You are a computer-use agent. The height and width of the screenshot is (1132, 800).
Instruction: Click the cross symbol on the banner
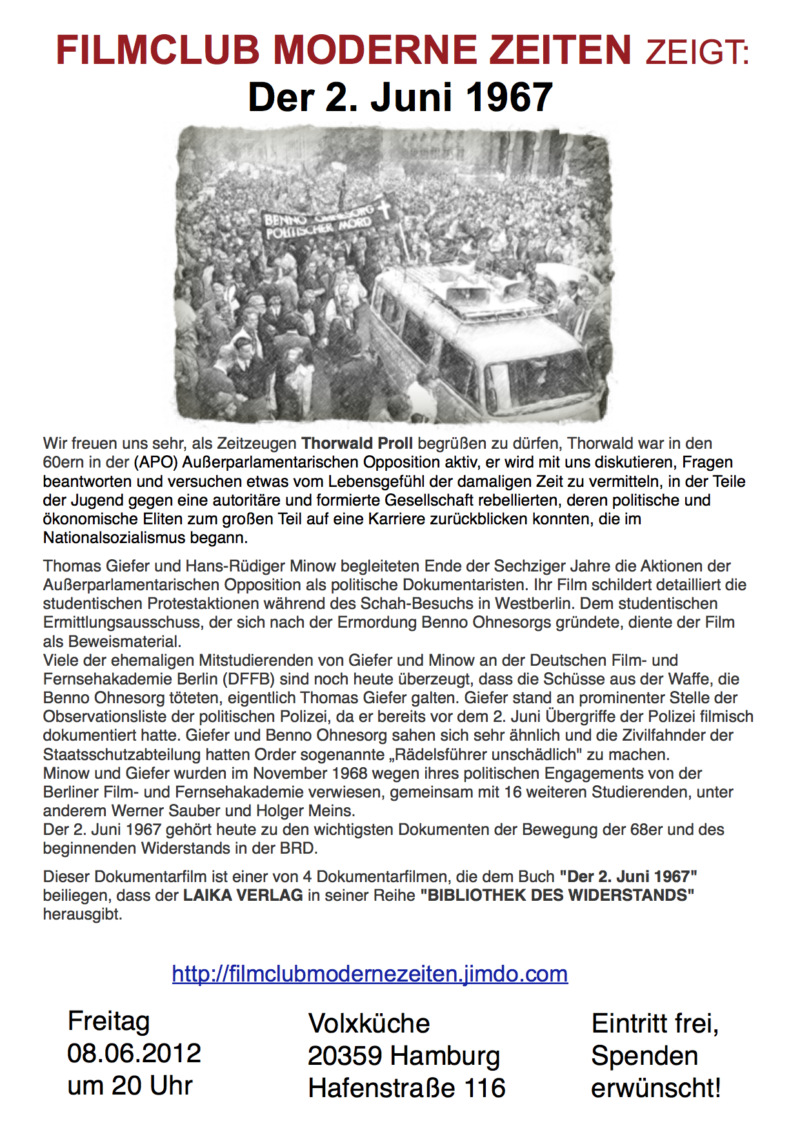385,209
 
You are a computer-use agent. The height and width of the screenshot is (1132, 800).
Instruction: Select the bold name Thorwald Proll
357,444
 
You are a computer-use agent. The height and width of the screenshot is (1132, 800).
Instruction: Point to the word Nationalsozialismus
145,537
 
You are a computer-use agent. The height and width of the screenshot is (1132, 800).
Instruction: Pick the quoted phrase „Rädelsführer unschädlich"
530,754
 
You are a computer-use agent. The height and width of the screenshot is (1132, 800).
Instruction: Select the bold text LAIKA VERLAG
243,895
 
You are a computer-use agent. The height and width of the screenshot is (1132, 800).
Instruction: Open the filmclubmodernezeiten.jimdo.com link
370,973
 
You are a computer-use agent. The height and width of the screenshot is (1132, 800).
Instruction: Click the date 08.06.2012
134,1053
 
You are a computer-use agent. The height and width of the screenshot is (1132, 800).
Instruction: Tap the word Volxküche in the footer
369,1024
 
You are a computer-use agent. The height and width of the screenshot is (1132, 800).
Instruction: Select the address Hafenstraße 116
406,1088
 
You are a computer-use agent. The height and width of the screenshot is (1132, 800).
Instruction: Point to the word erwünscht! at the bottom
655,1088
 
